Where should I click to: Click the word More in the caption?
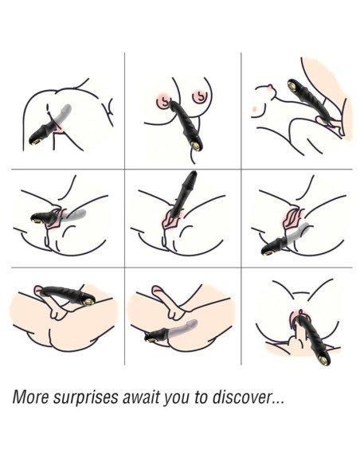pyautogui.click(x=30, y=397)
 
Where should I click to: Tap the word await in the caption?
pyautogui.click(x=141, y=397)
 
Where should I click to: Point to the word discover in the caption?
pyautogui.click(x=241, y=397)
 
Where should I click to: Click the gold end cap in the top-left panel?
pyautogui.click(x=36, y=141)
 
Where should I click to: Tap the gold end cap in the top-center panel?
pyautogui.click(x=196, y=145)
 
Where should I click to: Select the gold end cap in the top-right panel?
pyautogui.click(x=293, y=85)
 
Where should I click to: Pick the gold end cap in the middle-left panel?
pyautogui.click(x=37, y=221)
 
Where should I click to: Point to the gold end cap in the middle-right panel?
pyautogui.click(x=268, y=253)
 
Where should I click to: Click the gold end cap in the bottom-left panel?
pyautogui.click(x=88, y=302)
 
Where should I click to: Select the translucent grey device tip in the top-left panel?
pyautogui.click(x=68, y=108)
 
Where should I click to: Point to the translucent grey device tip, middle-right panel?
pyautogui.click(x=305, y=227)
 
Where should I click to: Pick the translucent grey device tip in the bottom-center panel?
pyautogui.click(x=194, y=322)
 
